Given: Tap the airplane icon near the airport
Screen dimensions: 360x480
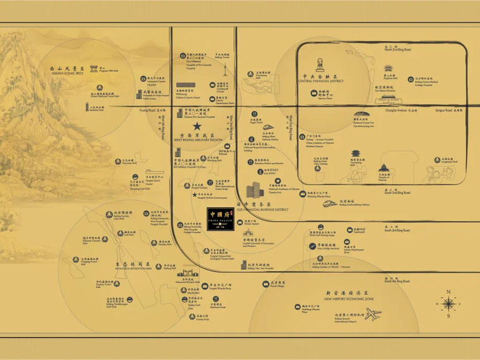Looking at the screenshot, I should pyautogui.click(x=373, y=313).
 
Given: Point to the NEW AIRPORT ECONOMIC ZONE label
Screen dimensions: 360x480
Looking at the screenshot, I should pyautogui.click(x=349, y=299).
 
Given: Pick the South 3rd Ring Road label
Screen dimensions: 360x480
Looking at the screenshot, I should pyautogui.click(x=397, y=231).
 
